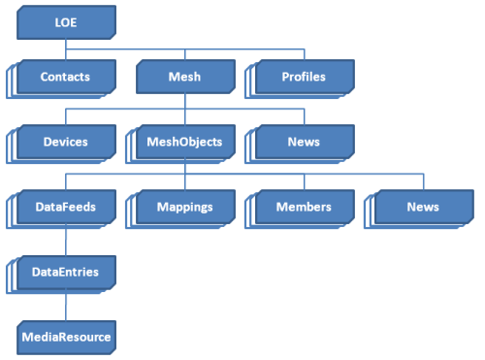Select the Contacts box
66,76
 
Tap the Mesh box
184,76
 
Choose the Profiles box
304,76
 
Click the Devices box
66,142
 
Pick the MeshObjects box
184,142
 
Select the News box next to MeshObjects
304,142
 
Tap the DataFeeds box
66,207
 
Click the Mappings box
184,207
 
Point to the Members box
304,207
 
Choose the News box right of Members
423,207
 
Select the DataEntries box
66,273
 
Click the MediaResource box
66,338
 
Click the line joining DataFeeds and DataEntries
66,240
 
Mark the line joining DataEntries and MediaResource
66,306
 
